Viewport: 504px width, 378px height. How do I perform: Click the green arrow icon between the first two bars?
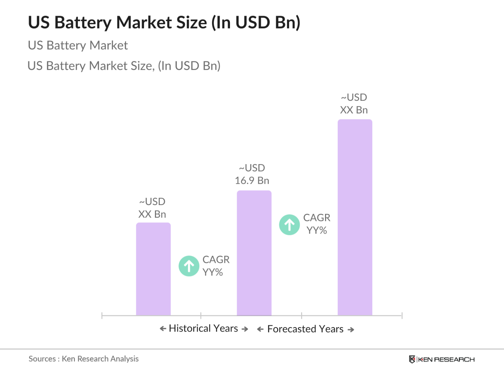[189, 266]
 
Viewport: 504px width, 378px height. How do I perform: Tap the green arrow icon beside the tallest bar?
[290, 225]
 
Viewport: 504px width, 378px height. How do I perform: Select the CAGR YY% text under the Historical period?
[216, 266]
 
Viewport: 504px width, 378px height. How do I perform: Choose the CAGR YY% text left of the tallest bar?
[317, 224]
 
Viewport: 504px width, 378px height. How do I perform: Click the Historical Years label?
[203, 328]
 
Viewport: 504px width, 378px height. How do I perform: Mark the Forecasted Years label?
[305, 329]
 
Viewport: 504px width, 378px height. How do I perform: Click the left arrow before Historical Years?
[163, 329]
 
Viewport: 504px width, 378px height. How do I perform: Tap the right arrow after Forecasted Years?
[351, 330]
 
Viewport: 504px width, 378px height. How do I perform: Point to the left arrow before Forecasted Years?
[260, 329]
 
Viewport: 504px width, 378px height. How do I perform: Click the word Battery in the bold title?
[83, 23]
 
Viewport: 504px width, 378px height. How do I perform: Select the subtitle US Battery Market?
[78, 45]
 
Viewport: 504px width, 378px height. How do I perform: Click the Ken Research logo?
[442, 359]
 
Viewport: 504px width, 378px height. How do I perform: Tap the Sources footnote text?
[83, 359]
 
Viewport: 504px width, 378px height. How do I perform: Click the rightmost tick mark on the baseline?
[402, 315]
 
